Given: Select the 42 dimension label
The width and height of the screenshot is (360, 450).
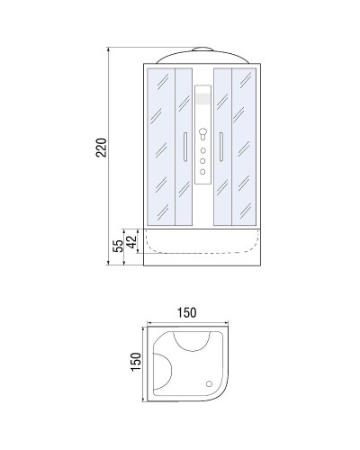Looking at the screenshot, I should (131, 239).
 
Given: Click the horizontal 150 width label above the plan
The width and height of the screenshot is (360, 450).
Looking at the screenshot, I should (186, 312).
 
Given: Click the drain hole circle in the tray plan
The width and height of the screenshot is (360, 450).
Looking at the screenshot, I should (213, 383).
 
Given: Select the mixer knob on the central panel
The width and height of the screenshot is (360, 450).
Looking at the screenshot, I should (202, 132).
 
